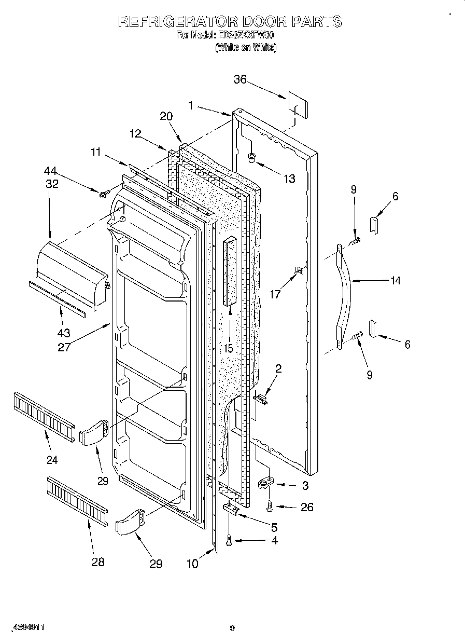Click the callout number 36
point(239,79)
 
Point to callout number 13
point(289,179)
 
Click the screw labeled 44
point(104,194)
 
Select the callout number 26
point(307,507)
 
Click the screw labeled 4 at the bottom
point(229,542)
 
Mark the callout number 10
point(192,563)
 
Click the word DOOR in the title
point(263,21)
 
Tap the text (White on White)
point(246,47)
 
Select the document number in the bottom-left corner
point(26,627)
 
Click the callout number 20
point(166,117)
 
